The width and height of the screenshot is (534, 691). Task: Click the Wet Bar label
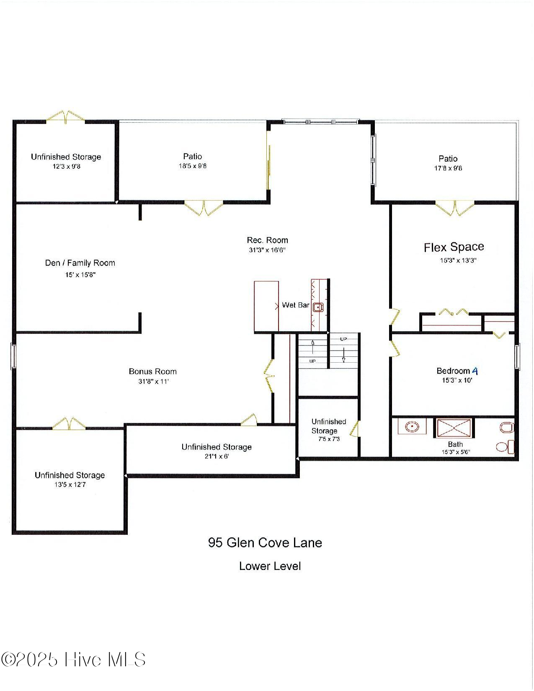tap(295, 305)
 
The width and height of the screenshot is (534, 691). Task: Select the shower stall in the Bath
tap(454, 428)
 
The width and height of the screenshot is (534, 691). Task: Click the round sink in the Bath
tap(412, 427)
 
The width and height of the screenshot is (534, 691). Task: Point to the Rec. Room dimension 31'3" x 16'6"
tap(267, 250)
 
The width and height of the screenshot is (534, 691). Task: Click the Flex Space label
tap(454, 247)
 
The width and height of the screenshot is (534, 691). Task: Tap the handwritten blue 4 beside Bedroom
tap(475, 371)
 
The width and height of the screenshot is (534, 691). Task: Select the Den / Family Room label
tap(80, 263)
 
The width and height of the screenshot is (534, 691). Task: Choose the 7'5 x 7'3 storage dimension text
tap(329, 439)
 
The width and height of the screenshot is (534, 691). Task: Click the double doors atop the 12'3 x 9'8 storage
tap(65, 117)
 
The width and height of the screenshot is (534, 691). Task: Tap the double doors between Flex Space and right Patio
tap(454, 208)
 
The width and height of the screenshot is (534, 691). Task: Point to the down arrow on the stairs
tap(344, 354)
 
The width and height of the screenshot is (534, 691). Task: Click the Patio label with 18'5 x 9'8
tap(192, 156)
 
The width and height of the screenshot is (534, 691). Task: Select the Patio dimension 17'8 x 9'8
tap(448, 168)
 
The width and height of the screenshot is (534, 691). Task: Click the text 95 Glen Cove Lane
tap(265, 543)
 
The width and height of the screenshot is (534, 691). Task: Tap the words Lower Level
tap(270, 566)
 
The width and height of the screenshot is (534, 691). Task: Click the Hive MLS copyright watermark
tap(73, 660)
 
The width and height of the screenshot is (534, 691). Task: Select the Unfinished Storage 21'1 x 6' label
tap(217, 447)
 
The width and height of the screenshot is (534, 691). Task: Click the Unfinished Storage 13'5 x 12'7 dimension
tap(70, 485)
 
